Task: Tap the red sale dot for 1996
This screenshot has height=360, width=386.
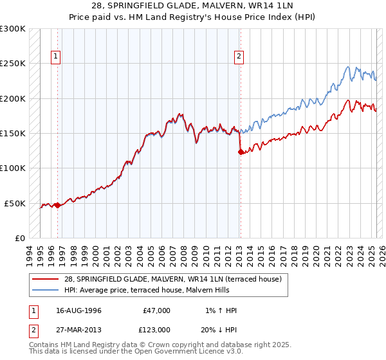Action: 57,205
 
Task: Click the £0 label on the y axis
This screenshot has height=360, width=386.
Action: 20,238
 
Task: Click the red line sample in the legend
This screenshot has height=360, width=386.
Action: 45,278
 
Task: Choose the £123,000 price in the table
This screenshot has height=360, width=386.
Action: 156,329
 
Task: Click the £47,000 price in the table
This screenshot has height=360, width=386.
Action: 156,310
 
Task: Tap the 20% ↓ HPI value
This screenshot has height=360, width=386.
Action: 218,329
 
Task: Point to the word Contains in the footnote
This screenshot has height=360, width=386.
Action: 44,345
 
